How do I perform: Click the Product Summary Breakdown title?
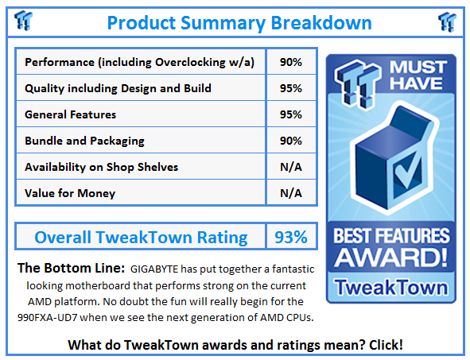(235, 21)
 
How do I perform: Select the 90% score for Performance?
(290, 62)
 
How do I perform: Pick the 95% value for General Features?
(290, 114)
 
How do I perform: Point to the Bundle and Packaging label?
(84, 141)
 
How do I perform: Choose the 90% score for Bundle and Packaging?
(290, 141)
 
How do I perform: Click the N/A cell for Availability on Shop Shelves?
(290, 167)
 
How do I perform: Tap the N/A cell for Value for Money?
(290, 193)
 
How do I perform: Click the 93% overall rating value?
(290, 237)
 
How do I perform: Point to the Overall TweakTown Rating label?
(141, 237)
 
